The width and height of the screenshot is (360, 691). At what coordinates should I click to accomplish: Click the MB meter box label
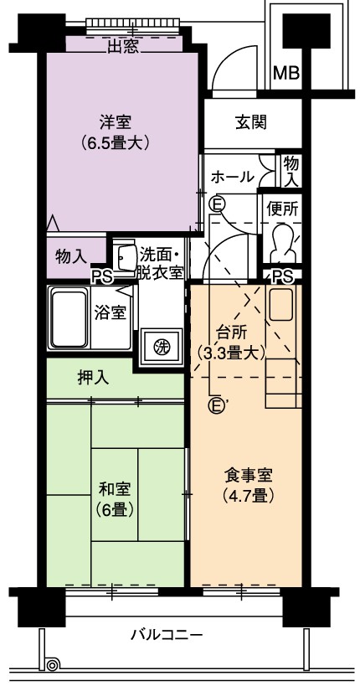tap(286, 73)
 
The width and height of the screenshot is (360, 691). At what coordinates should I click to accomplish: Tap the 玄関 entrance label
tap(251, 122)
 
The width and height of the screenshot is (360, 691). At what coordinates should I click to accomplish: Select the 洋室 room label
tap(116, 121)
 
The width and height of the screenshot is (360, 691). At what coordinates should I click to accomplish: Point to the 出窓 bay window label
tap(123, 47)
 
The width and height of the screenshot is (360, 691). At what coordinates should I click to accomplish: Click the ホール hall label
tap(233, 178)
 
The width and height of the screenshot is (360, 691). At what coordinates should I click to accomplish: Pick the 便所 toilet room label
tap(282, 209)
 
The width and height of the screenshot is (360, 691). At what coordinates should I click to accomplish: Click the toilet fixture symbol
tap(282, 243)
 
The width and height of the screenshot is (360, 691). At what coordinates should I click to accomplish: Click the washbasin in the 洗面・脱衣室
tap(124, 256)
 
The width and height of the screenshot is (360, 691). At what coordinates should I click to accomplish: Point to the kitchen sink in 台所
tap(280, 304)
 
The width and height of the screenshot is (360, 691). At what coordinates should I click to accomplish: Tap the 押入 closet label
tap(93, 378)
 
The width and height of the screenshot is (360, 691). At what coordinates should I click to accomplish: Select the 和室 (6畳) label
tap(115, 499)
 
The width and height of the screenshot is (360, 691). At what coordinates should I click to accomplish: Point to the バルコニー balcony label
tap(167, 636)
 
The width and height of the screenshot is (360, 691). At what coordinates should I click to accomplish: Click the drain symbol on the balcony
tap(52, 664)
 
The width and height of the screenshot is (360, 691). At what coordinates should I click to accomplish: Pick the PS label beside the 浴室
tap(102, 276)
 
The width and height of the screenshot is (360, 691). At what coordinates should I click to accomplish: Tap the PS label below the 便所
tap(282, 276)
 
